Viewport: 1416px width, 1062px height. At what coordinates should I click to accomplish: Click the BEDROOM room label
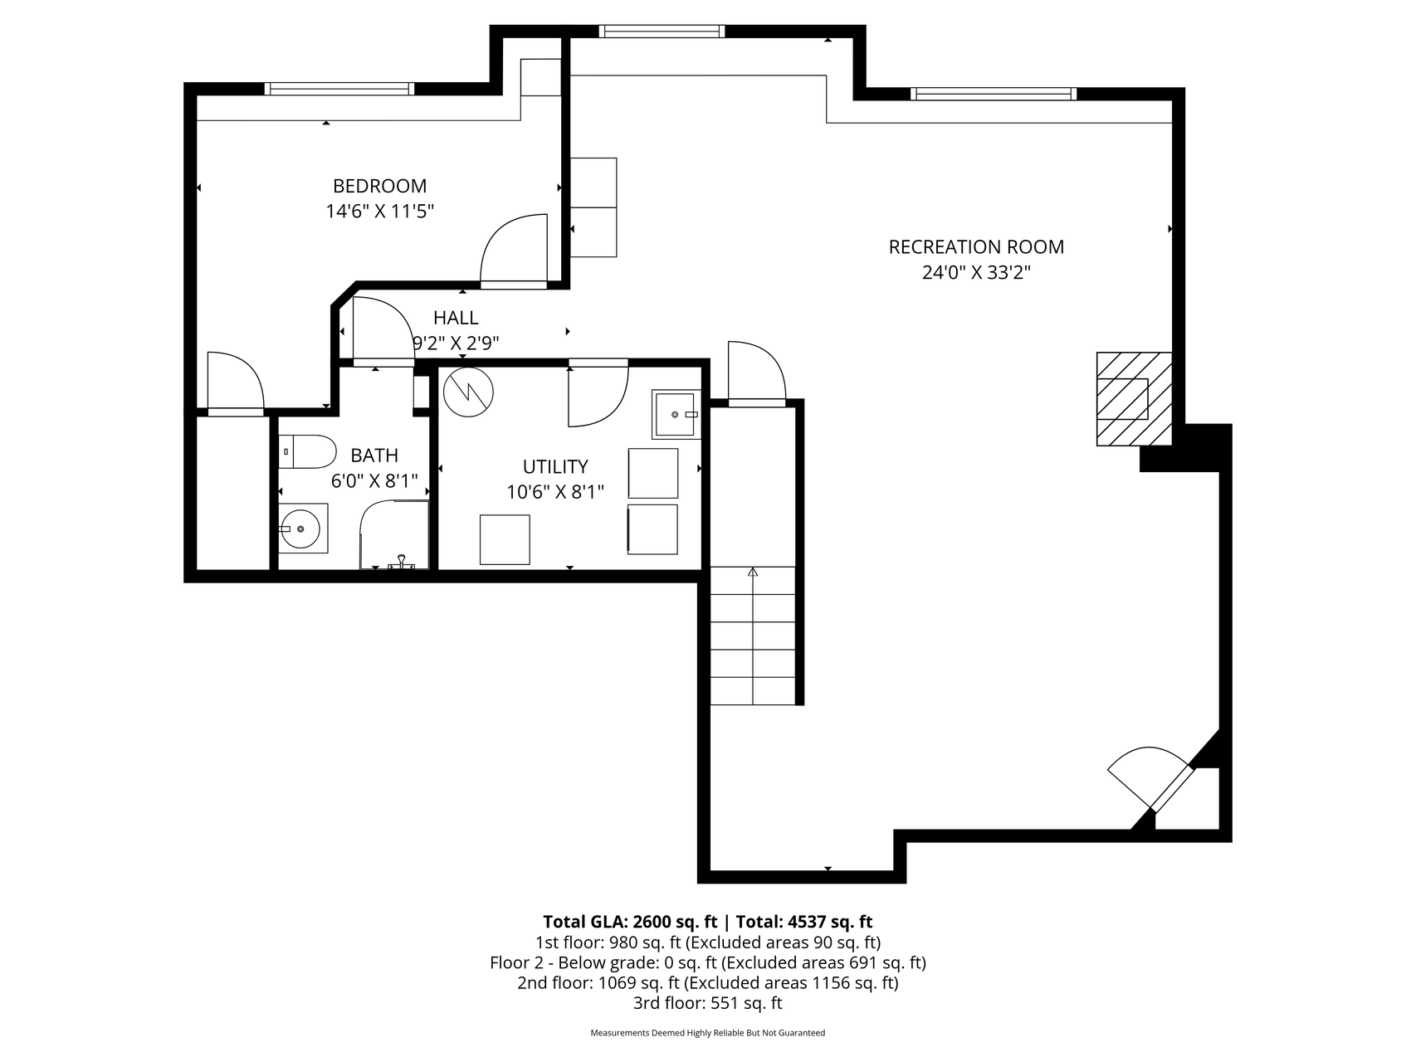(379, 186)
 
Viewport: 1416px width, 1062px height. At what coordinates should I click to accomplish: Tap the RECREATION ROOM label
(976, 246)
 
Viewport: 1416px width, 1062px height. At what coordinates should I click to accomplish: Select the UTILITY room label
(555, 466)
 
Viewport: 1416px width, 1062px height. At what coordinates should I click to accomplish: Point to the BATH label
(374, 455)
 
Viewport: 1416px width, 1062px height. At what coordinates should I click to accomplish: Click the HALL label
(456, 318)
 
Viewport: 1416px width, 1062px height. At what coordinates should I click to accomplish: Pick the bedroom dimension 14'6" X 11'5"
(379, 212)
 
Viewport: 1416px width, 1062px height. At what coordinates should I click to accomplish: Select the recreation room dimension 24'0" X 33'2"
(976, 272)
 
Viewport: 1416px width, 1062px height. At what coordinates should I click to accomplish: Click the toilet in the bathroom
(306, 452)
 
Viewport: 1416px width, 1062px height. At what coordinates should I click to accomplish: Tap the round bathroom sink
(302, 528)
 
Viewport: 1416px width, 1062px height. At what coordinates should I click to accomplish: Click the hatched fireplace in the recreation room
(1134, 398)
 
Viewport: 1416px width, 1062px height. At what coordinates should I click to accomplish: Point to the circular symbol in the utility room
(468, 392)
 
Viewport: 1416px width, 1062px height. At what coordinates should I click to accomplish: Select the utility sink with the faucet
(676, 413)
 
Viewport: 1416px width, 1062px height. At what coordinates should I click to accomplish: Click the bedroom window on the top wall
(339, 89)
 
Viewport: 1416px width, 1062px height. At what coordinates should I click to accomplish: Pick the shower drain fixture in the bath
(402, 563)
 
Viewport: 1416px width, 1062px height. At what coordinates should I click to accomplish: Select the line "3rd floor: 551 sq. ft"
(708, 1003)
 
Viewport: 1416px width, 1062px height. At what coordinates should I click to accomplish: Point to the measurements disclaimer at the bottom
(708, 1033)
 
